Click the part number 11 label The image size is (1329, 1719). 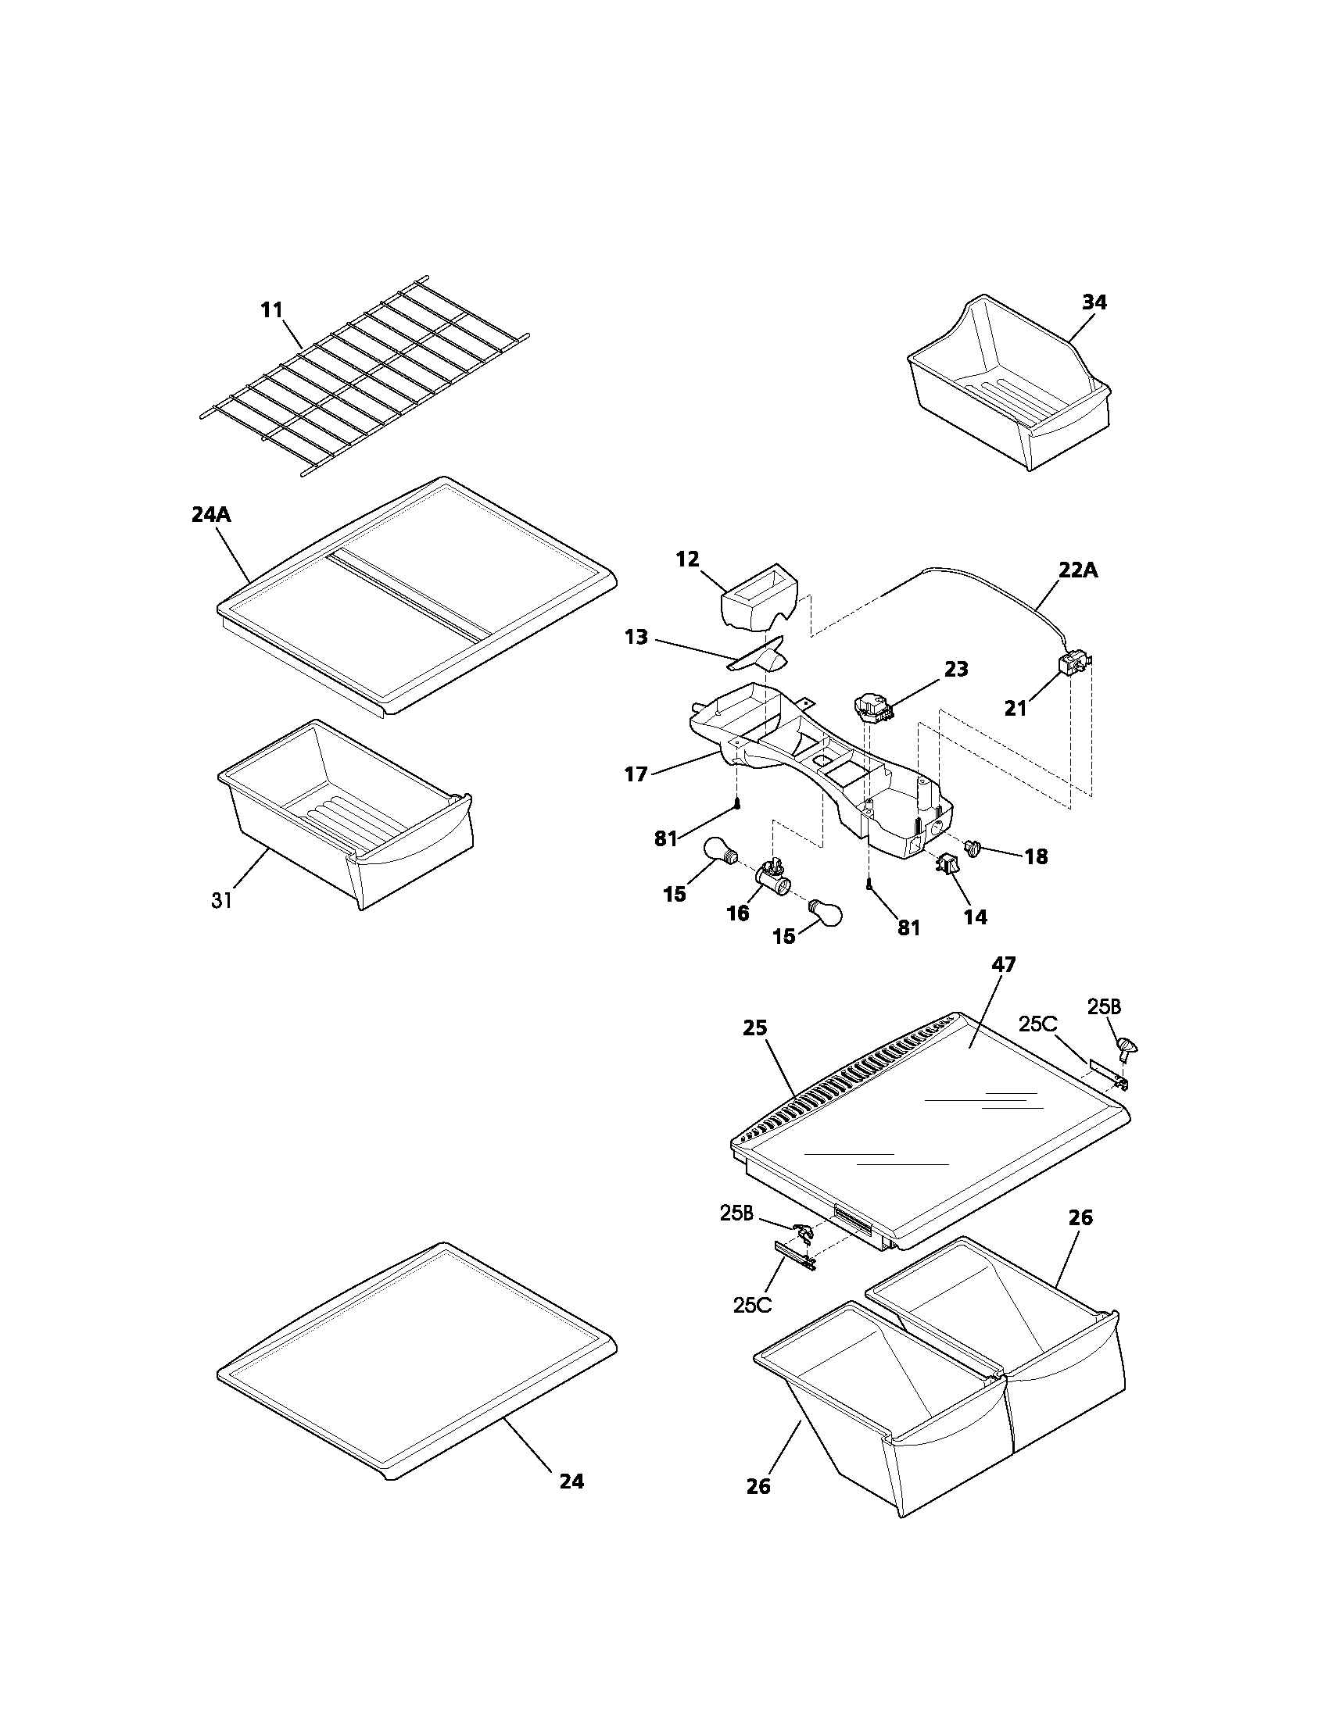[x=271, y=310]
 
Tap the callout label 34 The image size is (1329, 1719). [x=1094, y=302]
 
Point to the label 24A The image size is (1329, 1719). [x=212, y=515]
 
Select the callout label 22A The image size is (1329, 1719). [x=1078, y=570]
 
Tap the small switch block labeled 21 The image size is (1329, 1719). [x=1071, y=667]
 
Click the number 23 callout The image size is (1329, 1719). [x=956, y=669]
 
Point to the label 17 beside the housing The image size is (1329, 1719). [x=636, y=774]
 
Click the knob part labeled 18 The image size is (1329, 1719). [x=975, y=849]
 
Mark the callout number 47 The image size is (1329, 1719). [x=1004, y=964]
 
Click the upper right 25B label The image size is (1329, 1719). [x=1104, y=1006]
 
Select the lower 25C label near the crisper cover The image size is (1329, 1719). [x=752, y=1304]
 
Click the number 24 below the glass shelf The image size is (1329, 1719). [x=571, y=1481]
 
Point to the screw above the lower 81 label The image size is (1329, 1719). [x=869, y=885]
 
